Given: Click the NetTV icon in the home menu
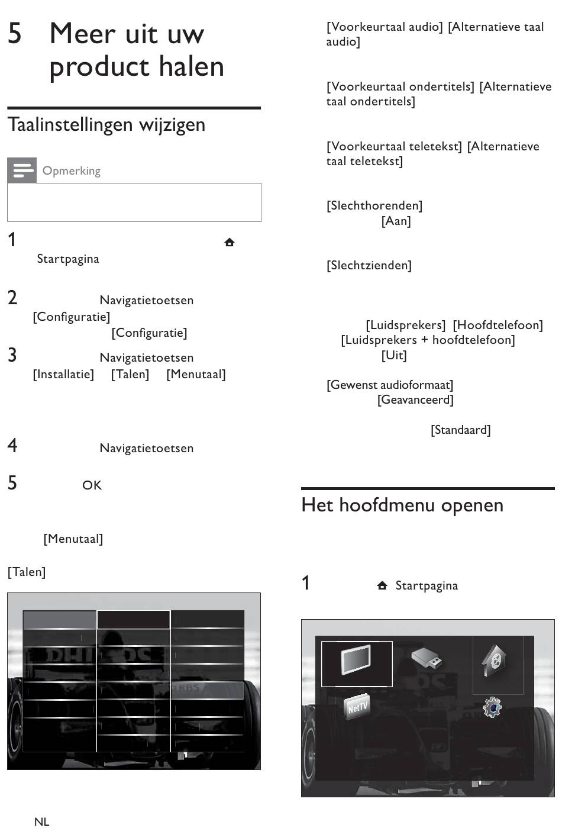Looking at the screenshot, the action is [x=357, y=706].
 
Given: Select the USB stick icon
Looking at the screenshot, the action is [x=427, y=658].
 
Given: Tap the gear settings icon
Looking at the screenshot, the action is [x=492, y=707].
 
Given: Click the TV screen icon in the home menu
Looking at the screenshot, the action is [x=356, y=659].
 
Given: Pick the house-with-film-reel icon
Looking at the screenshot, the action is [x=494, y=660].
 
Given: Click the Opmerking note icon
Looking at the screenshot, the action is [x=22, y=170].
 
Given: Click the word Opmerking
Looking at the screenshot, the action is [x=72, y=171].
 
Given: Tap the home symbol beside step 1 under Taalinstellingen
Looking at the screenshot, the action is [x=230, y=242].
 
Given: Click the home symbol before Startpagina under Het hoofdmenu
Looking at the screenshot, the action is [x=382, y=585].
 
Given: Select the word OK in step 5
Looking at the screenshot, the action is [x=92, y=485].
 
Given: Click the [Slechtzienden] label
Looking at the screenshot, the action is [x=369, y=265].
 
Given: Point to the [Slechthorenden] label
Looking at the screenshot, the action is [x=374, y=205].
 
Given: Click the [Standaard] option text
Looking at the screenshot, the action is [x=461, y=430].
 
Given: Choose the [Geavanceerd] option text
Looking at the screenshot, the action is [x=415, y=400].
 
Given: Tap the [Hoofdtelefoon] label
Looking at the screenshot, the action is [x=498, y=325].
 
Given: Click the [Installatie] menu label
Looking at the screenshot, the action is [x=63, y=374].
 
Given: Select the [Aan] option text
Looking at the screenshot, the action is [x=396, y=221].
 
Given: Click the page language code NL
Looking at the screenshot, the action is [x=41, y=822].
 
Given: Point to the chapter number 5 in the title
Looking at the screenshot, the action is [x=15, y=33].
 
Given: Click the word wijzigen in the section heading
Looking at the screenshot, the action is [x=172, y=125].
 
